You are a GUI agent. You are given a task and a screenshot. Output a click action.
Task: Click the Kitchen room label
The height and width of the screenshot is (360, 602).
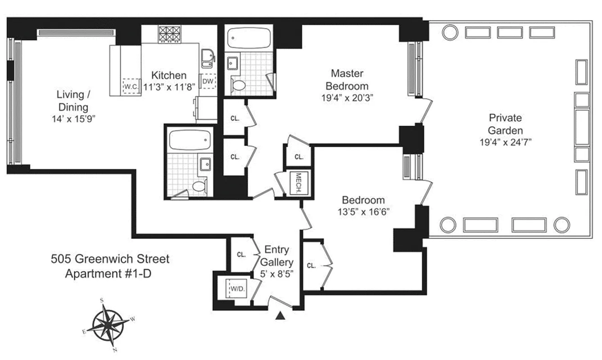[x=168, y=75]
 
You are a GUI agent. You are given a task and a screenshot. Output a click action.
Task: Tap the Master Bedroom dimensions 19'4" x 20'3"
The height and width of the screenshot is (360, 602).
[x=347, y=97]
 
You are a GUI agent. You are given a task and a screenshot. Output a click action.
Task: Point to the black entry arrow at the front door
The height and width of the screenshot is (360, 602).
[x=280, y=316]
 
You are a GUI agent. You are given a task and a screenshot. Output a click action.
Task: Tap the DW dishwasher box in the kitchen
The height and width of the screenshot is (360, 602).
[x=208, y=81]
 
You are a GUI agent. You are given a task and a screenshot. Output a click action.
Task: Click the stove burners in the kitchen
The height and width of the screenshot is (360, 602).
[x=169, y=34]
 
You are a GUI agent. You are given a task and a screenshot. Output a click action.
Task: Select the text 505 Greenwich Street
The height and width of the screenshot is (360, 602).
[x=110, y=259]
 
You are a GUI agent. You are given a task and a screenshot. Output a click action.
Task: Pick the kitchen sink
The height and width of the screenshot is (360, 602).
[x=208, y=57]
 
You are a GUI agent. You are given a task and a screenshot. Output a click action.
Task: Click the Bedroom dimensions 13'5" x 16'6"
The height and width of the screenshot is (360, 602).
[x=363, y=211]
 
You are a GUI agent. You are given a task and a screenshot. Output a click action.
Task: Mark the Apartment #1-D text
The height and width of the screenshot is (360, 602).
[x=108, y=273]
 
